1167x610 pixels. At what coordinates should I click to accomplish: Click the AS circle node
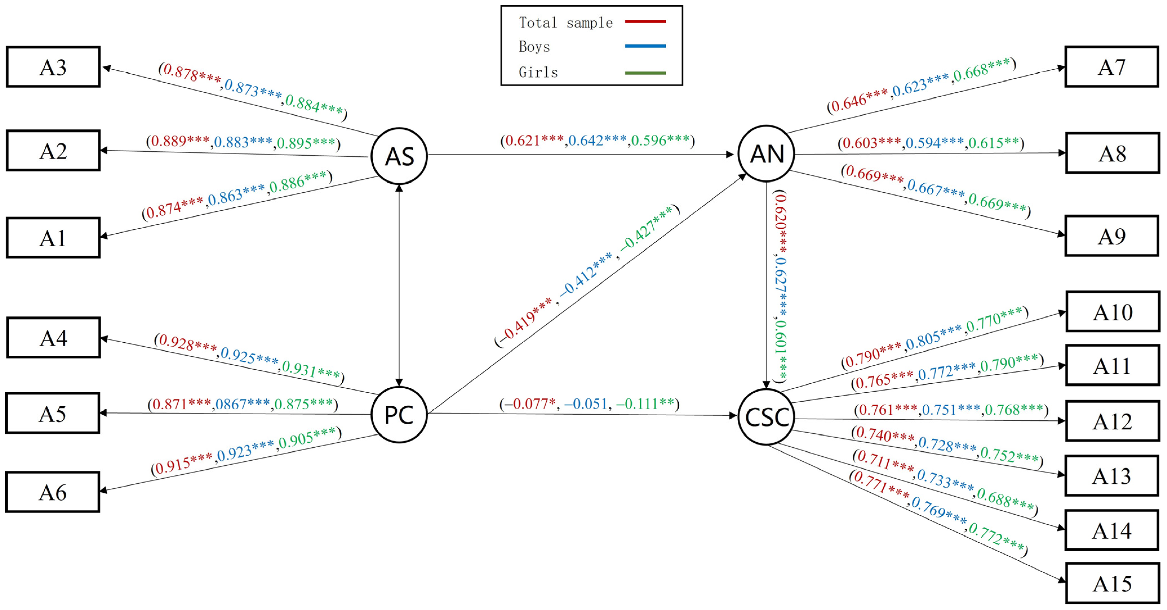coord(399,156)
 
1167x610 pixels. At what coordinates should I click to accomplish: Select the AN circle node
coord(766,154)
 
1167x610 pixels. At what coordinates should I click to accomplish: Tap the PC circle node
coord(399,414)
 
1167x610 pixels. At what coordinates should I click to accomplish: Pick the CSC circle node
coord(766,417)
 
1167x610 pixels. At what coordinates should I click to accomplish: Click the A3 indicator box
coord(53,67)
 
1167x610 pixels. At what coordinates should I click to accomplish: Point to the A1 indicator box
coord(53,238)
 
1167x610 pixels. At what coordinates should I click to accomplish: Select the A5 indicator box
coord(53,413)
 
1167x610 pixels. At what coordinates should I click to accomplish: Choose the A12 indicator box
coord(1112,421)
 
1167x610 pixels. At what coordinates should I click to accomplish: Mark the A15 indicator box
coord(1112,583)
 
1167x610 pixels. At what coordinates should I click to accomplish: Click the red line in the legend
coord(645,21)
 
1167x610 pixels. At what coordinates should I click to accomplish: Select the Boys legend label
coord(534,47)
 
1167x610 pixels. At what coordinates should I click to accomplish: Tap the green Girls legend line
coord(645,73)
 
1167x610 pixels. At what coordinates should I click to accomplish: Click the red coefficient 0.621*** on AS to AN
coord(535,141)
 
